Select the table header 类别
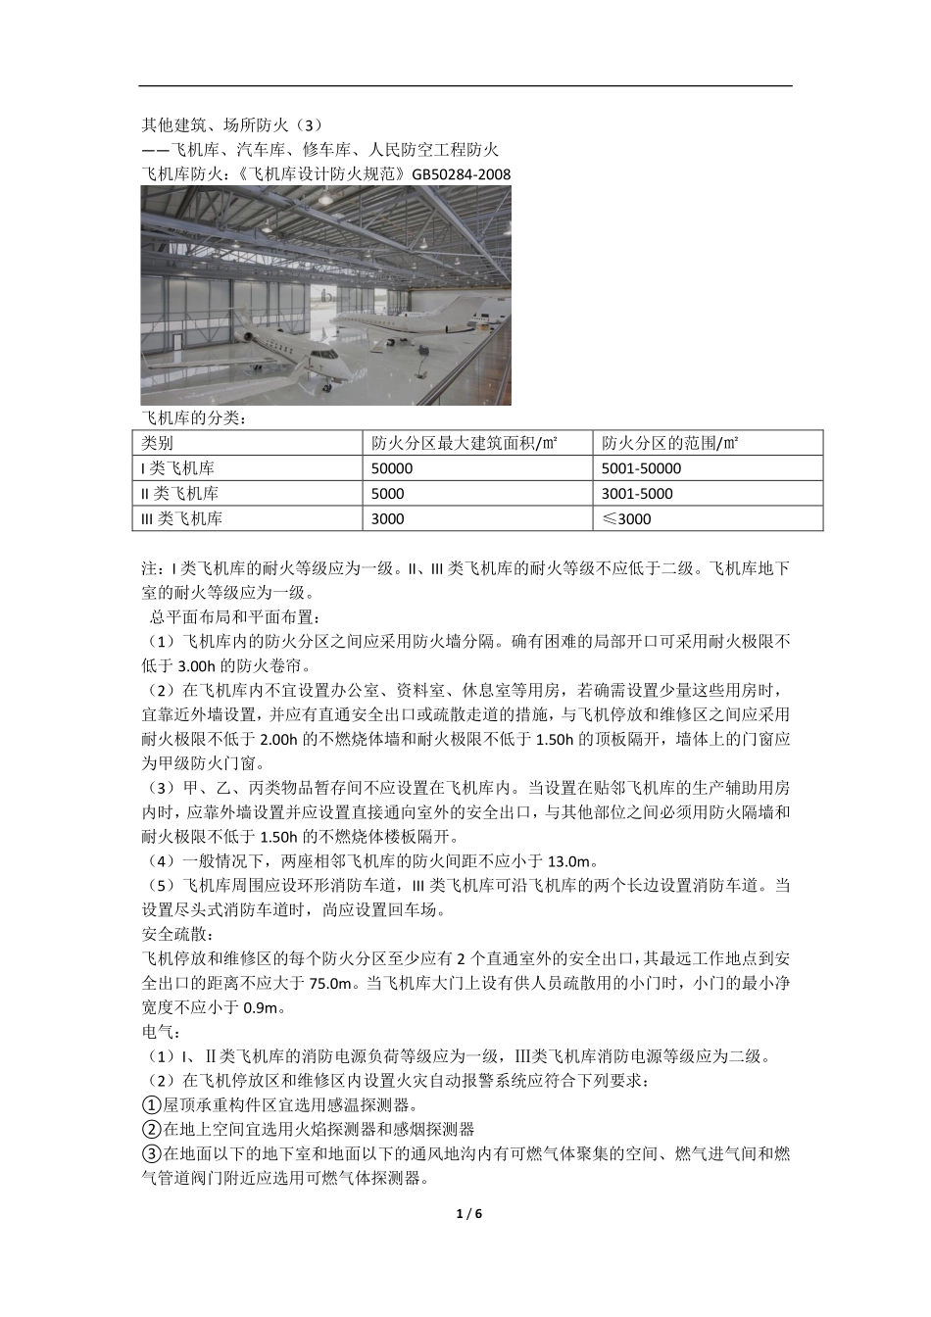158,443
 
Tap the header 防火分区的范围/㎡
670,443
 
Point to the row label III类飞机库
182,519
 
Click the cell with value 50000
393,468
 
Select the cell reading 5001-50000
642,468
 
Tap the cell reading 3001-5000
638,494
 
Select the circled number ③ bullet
151,1154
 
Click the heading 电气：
157,1032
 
